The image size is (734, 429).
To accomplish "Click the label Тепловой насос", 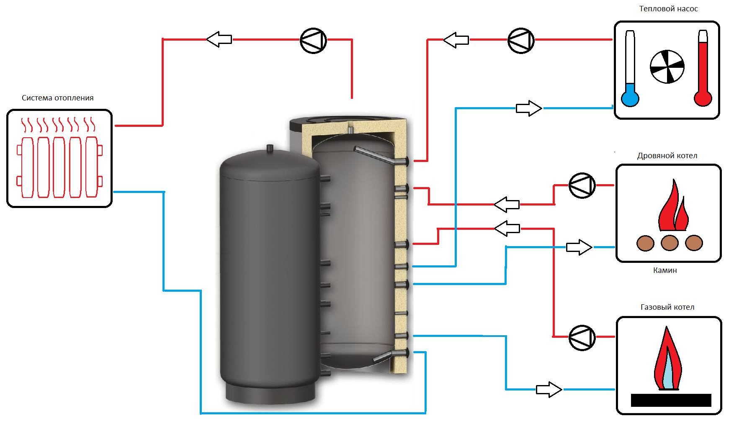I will click(x=668, y=9).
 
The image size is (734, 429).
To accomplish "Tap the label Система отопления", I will click(x=58, y=98).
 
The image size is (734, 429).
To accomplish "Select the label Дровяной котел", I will click(x=667, y=156).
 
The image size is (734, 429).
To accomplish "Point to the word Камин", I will click(x=665, y=270).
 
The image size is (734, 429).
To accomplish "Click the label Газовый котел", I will click(x=667, y=307).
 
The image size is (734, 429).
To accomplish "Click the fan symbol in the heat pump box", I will click(x=667, y=67).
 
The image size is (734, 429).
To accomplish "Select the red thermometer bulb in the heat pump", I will click(x=703, y=98).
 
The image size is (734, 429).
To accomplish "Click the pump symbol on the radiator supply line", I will click(x=313, y=41).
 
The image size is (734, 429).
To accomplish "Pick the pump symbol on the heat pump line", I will click(x=521, y=41).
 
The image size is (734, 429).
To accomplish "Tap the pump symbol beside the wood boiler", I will click(x=582, y=185).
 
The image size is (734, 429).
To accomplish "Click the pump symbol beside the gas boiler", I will click(x=582, y=337).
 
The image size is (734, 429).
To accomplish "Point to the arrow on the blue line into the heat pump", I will click(x=529, y=108).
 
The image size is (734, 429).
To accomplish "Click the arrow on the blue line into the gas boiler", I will click(x=549, y=390).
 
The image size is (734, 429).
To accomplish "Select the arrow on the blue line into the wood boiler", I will click(x=579, y=247).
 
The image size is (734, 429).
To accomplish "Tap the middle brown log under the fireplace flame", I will click(x=670, y=243).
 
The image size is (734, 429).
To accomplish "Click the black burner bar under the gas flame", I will click(x=671, y=400).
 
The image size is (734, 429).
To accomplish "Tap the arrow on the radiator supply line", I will click(x=219, y=39).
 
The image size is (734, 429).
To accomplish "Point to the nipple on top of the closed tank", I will click(x=270, y=148).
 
